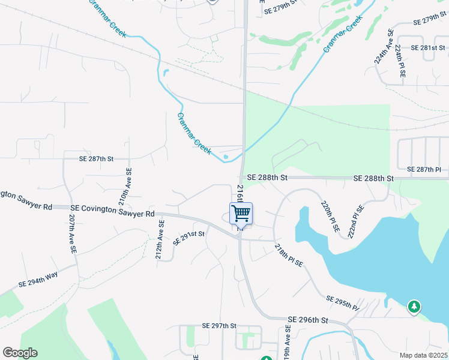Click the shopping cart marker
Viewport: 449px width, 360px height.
[241, 213]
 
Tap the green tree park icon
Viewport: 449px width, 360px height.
[414, 307]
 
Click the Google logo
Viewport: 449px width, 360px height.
[20, 353]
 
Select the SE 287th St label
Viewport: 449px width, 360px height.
[96, 159]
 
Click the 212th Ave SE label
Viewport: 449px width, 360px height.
[160, 239]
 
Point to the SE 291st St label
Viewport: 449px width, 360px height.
[189, 238]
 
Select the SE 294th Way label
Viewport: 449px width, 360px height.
[38, 279]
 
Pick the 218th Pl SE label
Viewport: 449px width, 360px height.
[289, 256]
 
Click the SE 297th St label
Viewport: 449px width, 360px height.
[220, 326]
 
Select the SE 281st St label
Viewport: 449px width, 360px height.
[427, 47]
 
